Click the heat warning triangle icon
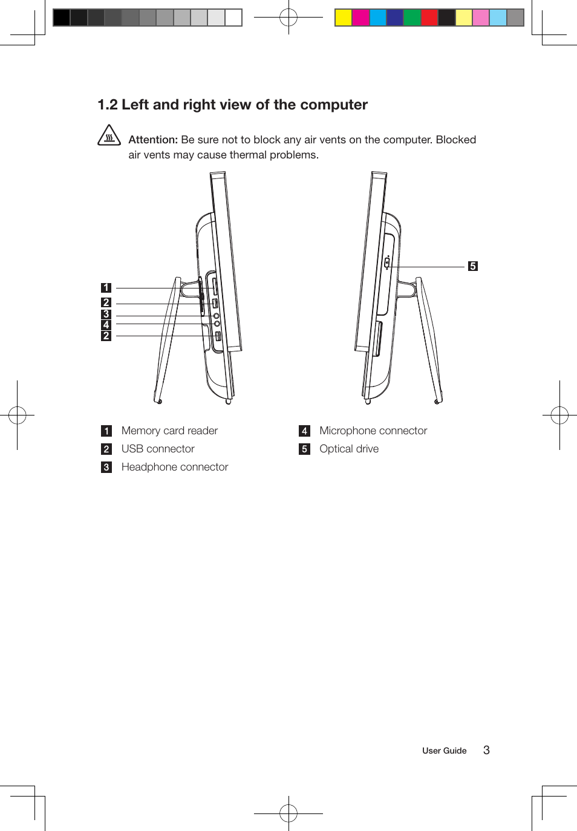[109, 135]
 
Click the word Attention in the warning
[152, 140]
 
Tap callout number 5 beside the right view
[473, 266]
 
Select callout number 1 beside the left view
[106, 288]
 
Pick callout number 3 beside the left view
[106, 314]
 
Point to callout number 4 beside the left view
[106, 325]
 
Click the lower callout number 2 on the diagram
[106, 336]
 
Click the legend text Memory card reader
[169, 431]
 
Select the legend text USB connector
[158, 449]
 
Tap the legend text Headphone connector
[175, 467]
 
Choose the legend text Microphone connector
[373, 431]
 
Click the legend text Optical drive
[349, 449]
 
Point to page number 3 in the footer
[486, 750]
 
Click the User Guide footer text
[444, 751]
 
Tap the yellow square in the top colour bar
[344, 18]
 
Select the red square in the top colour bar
[429, 18]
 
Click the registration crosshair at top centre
[288, 18]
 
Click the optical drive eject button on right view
[387, 263]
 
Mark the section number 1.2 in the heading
[108, 105]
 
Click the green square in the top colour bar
[412, 18]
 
